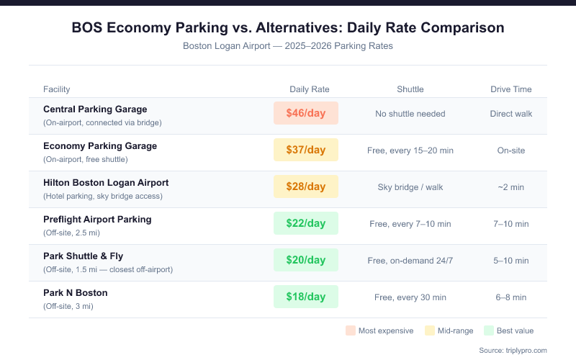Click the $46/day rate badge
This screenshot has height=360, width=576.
point(305,113)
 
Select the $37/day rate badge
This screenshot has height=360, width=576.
point(305,150)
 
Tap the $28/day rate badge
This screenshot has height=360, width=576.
point(305,186)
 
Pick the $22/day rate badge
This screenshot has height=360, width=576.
point(305,223)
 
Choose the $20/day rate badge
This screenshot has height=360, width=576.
point(305,260)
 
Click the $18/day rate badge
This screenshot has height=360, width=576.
point(305,297)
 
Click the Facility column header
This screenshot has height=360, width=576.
point(57,89)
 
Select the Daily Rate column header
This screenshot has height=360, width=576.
point(310,89)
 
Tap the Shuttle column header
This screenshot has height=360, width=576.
point(410,89)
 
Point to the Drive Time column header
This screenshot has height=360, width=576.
point(511,89)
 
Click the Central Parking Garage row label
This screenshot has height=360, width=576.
point(95,109)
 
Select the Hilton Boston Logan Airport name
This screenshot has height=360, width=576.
point(106,183)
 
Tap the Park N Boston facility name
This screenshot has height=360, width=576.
point(76,293)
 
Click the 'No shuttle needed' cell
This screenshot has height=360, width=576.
point(410,114)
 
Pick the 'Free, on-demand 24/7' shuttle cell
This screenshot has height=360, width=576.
point(410,261)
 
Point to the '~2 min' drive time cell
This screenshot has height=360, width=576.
point(511,187)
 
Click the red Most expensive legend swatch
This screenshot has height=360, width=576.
point(351,330)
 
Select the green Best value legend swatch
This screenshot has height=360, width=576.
point(488,330)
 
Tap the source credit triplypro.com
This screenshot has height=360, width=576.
point(512,350)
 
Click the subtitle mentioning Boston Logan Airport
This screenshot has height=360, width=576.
point(288,45)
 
